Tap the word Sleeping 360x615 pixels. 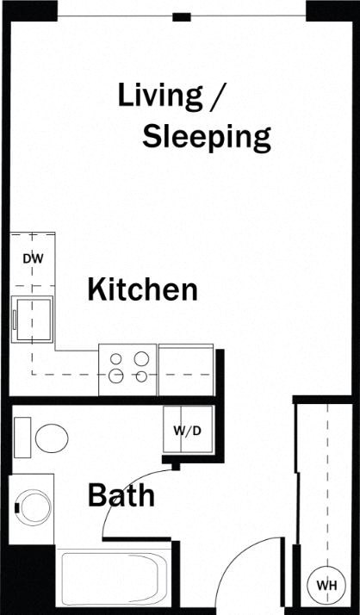[x=207, y=136]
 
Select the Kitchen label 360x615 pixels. [x=142, y=289]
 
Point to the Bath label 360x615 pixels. [x=121, y=496]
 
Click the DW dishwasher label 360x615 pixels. [x=32, y=258]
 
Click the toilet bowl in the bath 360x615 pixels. [x=53, y=438]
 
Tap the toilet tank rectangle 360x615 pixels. [x=23, y=437]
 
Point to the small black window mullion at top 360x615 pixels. [x=181, y=16]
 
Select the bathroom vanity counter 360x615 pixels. [x=33, y=508]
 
